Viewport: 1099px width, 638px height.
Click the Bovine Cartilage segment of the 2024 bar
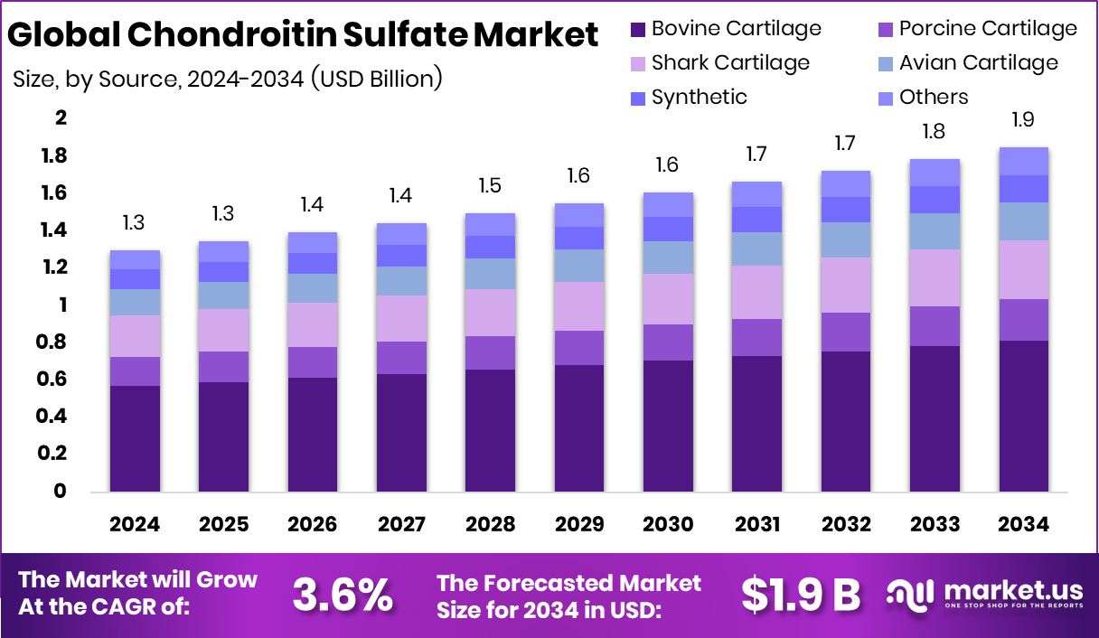(135, 438)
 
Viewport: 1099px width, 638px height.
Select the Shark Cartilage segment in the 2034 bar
(1024, 269)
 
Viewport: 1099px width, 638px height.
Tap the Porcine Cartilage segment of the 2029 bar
(579, 348)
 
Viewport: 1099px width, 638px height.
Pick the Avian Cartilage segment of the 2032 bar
(846, 239)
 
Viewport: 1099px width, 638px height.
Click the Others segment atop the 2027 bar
(401, 234)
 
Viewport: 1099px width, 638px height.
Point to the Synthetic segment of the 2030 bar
(668, 229)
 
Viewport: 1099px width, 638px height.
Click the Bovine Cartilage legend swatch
(637, 30)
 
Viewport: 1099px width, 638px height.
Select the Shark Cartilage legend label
(729, 62)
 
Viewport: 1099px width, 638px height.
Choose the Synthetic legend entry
(699, 97)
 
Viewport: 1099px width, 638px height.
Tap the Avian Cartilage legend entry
(978, 62)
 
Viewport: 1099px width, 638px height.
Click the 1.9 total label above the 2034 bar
(1024, 120)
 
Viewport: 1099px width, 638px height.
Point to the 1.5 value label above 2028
(491, 186)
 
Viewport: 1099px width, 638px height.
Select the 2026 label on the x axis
(313, 525)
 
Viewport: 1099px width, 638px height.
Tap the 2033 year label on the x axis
(935, 525)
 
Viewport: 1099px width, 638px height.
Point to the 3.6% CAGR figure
(343, 596)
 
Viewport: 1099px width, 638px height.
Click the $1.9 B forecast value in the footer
(801, 595)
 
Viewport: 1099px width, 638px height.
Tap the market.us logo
(985, 595)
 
